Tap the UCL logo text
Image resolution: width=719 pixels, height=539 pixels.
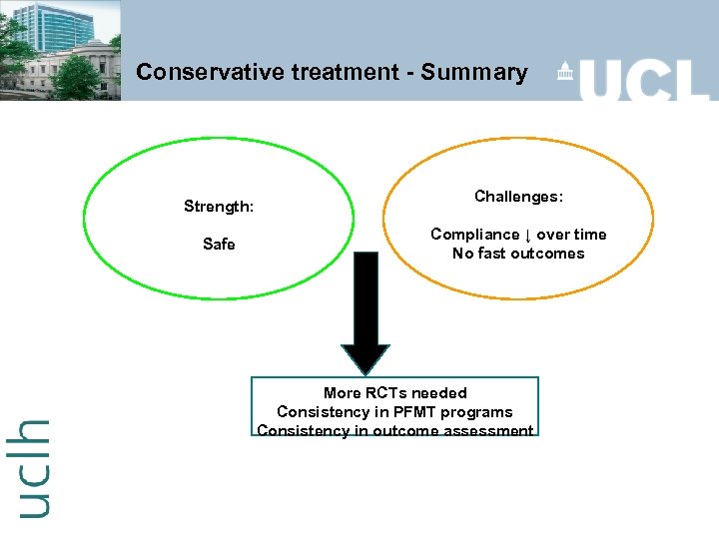644,77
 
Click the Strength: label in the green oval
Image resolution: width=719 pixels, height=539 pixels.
219,207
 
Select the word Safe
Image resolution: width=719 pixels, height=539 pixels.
219,244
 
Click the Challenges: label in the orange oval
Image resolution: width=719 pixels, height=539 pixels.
518,197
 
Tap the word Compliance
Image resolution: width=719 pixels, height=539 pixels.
474,234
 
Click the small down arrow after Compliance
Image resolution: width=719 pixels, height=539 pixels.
527,235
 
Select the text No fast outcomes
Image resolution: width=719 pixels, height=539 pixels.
518,254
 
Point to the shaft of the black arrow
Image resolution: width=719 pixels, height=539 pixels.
365,294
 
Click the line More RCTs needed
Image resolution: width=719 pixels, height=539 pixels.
394,392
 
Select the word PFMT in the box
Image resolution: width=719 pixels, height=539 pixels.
411,411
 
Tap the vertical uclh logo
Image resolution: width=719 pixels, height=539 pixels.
33,466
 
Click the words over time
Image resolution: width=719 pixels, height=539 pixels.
571,234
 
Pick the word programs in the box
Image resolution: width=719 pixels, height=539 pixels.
475,411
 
